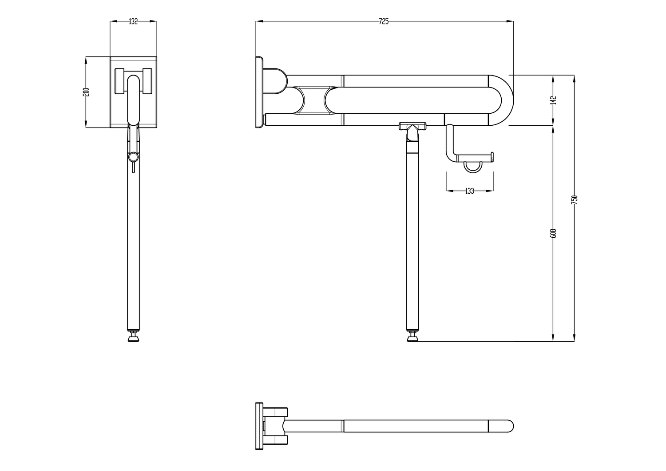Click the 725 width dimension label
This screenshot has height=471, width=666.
point(384,21)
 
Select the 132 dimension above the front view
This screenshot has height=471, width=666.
point(133,21)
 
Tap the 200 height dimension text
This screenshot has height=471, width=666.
point(87,92)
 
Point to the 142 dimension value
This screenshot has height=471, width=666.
point(553,100)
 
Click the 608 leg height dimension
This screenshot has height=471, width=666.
point(553,233)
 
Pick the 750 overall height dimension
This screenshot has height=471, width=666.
point(574,199)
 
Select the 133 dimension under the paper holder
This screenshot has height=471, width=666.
point(469,191)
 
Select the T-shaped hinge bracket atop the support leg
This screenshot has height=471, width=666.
point(412,128)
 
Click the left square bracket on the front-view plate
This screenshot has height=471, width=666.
point(119,81)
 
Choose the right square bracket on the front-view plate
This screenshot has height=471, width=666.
point(148,81)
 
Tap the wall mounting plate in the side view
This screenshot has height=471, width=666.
point(259,92)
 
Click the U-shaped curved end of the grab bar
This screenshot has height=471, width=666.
point(504,100)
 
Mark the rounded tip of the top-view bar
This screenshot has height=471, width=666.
point(509,426)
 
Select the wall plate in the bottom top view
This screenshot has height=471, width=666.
point(259,426)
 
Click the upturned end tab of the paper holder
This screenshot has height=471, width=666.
point(492,156)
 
